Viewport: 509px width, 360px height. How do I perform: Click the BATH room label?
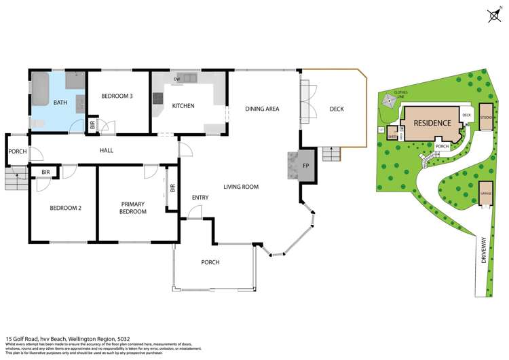(61, 103)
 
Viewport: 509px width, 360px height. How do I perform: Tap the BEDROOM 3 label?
(117, 96)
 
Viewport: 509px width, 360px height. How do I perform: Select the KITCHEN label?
(183, 106)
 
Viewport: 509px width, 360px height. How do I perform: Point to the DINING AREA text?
(262, 109)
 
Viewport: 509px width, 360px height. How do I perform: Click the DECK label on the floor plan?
(337, 109)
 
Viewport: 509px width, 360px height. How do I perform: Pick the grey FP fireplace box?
(305, 166)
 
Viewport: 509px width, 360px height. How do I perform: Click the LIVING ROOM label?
(242, 186)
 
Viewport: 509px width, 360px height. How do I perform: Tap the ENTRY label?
(200, 198)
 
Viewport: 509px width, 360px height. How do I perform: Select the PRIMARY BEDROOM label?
(134, 208)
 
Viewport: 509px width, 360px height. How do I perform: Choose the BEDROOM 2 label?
(66, 208)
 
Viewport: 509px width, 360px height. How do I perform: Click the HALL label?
(107, 150)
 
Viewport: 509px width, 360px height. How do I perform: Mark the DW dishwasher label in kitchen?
(176, 79)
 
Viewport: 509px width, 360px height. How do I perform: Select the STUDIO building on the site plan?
(485, 118)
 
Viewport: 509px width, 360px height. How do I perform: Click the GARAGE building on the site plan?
(485, 194)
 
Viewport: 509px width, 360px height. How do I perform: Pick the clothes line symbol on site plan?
(389, 101)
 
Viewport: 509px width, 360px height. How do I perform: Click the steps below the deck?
(331, 154)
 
